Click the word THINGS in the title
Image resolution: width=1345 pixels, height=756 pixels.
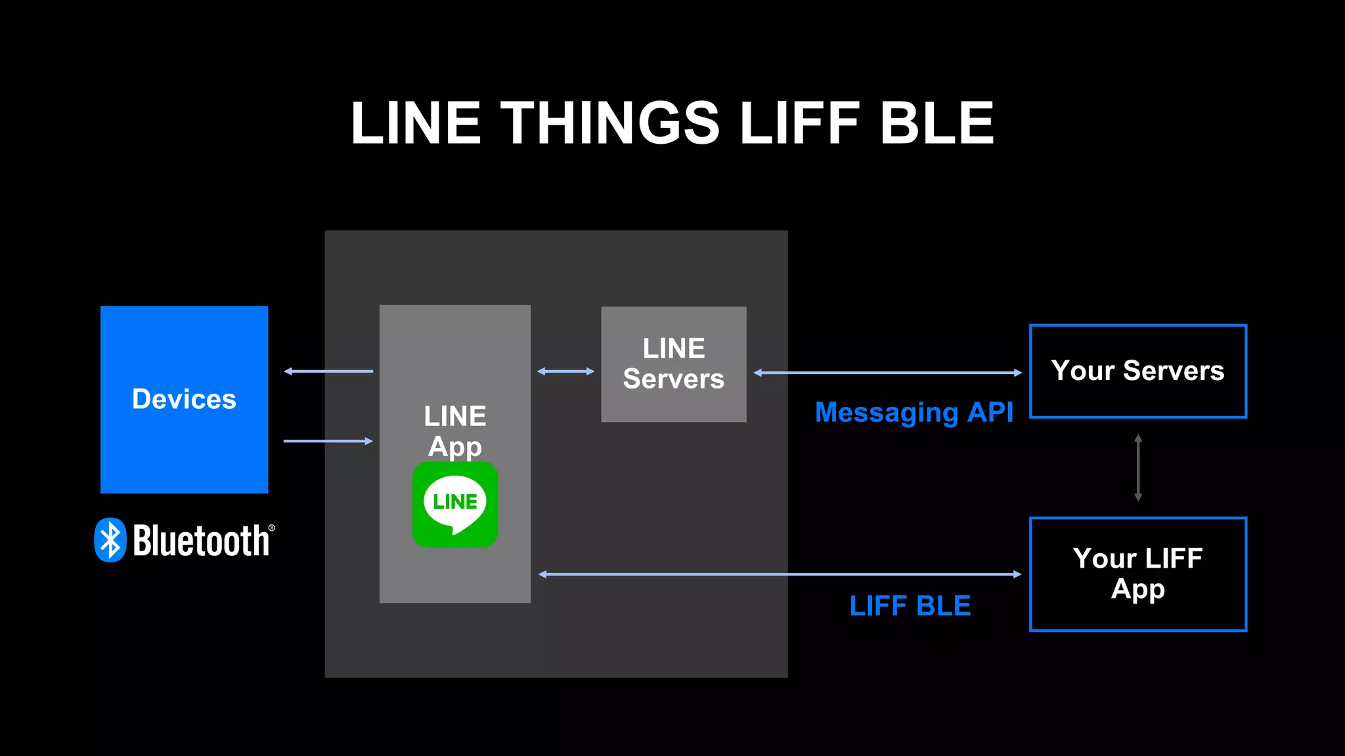coord(610,123)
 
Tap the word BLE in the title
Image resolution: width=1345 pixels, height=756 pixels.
coord(937,123)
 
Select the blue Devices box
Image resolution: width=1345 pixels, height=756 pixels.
coord(184,399)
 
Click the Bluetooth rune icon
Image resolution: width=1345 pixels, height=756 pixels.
coord(110,540)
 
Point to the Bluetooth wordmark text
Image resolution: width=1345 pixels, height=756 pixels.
coord(201,541)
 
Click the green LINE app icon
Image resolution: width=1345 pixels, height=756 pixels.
coord(454,504)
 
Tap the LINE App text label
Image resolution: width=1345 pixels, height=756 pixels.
coord(454,430)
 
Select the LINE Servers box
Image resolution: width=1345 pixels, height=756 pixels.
coord(673,364)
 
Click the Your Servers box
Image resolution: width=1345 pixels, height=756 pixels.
coord(1137,371)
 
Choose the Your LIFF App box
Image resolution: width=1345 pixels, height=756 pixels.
coord(1137,574)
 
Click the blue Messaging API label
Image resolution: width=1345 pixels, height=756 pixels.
coord(914,412)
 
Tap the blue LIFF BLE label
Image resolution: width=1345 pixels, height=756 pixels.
coord(910,605)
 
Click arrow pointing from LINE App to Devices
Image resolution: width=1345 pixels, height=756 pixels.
coord(328,371)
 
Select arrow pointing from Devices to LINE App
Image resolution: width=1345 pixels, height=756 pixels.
coord(328,441)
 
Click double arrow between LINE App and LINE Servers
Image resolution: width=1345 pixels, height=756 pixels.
coord(565,371)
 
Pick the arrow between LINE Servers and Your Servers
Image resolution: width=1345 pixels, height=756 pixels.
coord(887,373)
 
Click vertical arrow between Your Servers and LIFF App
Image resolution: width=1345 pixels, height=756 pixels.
coord(1138,467)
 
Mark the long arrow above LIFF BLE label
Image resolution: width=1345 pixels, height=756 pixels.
coord(780,574)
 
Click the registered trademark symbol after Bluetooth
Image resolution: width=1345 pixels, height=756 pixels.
coord(272,528)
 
